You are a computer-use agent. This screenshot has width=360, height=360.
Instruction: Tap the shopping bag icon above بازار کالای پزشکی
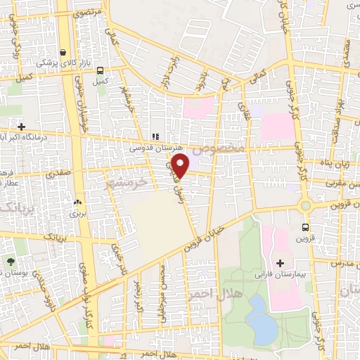64,52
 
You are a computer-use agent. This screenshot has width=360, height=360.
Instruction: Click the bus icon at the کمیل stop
101,70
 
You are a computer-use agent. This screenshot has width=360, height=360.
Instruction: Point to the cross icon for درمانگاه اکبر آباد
22,127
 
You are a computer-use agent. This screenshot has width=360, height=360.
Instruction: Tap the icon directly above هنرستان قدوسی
155,137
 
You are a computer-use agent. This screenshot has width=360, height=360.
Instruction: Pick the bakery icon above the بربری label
77,202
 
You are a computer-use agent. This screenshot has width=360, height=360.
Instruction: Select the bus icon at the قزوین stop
305,227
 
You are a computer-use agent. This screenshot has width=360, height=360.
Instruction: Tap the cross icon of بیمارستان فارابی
280,262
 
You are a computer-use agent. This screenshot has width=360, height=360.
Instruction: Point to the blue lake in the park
261,319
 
